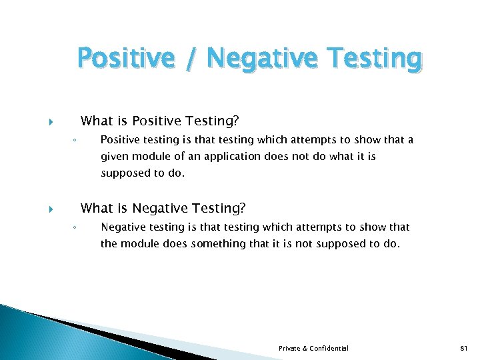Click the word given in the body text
114,157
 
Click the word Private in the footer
290,349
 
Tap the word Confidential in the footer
330,349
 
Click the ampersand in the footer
306,349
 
